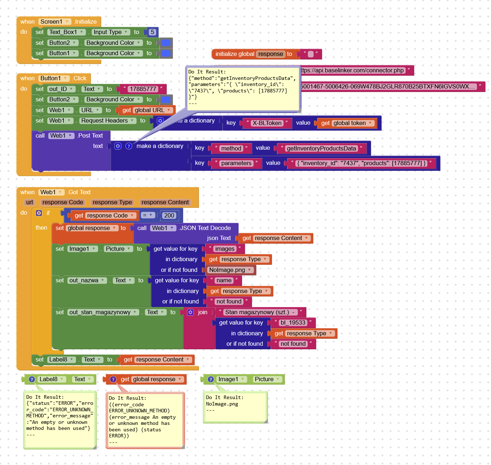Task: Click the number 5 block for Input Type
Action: [152, 32]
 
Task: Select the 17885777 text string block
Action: [143, 89]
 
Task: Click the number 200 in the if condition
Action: [169, 215]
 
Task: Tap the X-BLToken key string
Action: [267, 123]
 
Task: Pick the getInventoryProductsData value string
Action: [321, 148]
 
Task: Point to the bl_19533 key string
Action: [293, 322]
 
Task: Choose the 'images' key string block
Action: [225, 249]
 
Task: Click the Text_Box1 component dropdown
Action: [66, 32]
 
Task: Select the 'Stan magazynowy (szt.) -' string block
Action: [260, 312]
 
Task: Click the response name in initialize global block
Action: [271, 54]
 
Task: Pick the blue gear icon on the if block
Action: [39, 213]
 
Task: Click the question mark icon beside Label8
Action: [32, 379]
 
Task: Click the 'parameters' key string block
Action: [236, 163]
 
